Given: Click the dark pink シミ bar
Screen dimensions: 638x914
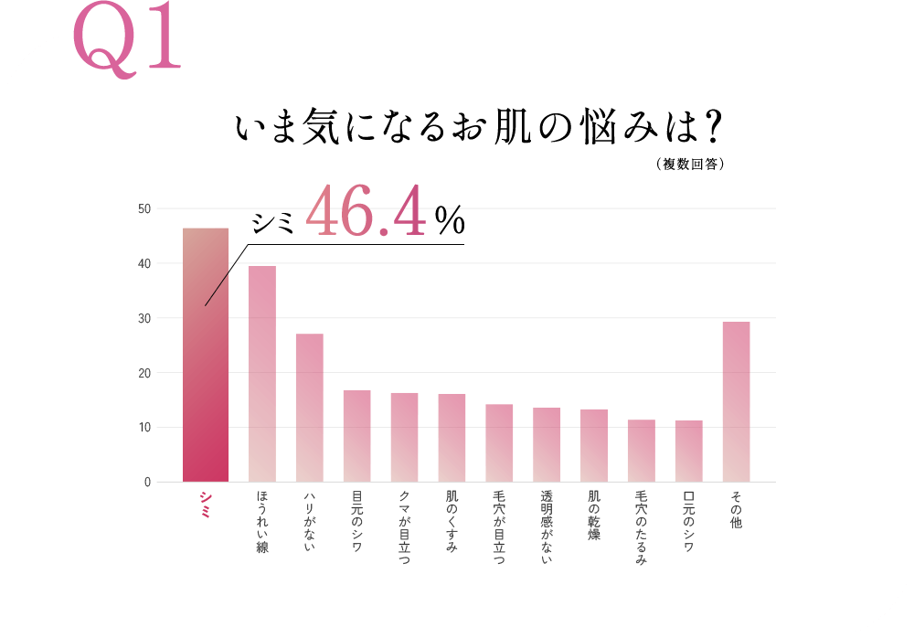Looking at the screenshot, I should tap(206, 366).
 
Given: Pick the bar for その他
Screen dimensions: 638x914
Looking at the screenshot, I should tap(737, 402).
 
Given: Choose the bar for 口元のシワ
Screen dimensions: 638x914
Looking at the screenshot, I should tap(689, 452).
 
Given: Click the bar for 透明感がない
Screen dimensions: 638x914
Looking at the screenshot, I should tap(547, 445).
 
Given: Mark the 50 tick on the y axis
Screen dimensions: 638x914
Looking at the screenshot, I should tap(144, 209).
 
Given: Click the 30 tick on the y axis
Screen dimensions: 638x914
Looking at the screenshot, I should tap(144, 318).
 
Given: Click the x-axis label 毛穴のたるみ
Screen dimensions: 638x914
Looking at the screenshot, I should tap(642, 527).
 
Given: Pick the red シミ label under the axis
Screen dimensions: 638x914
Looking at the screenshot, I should tap(206, 505).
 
